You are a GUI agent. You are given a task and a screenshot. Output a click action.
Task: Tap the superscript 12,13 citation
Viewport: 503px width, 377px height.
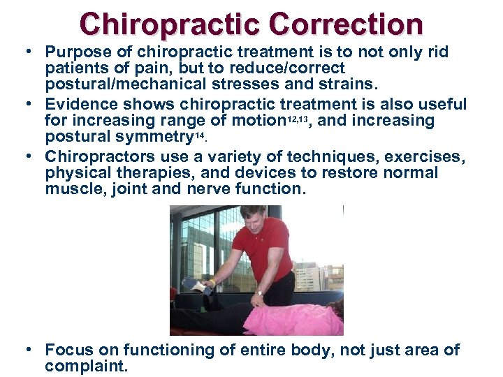pos(296,117)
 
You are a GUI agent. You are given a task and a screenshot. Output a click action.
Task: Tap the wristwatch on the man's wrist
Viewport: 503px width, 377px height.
pos(259,293)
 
